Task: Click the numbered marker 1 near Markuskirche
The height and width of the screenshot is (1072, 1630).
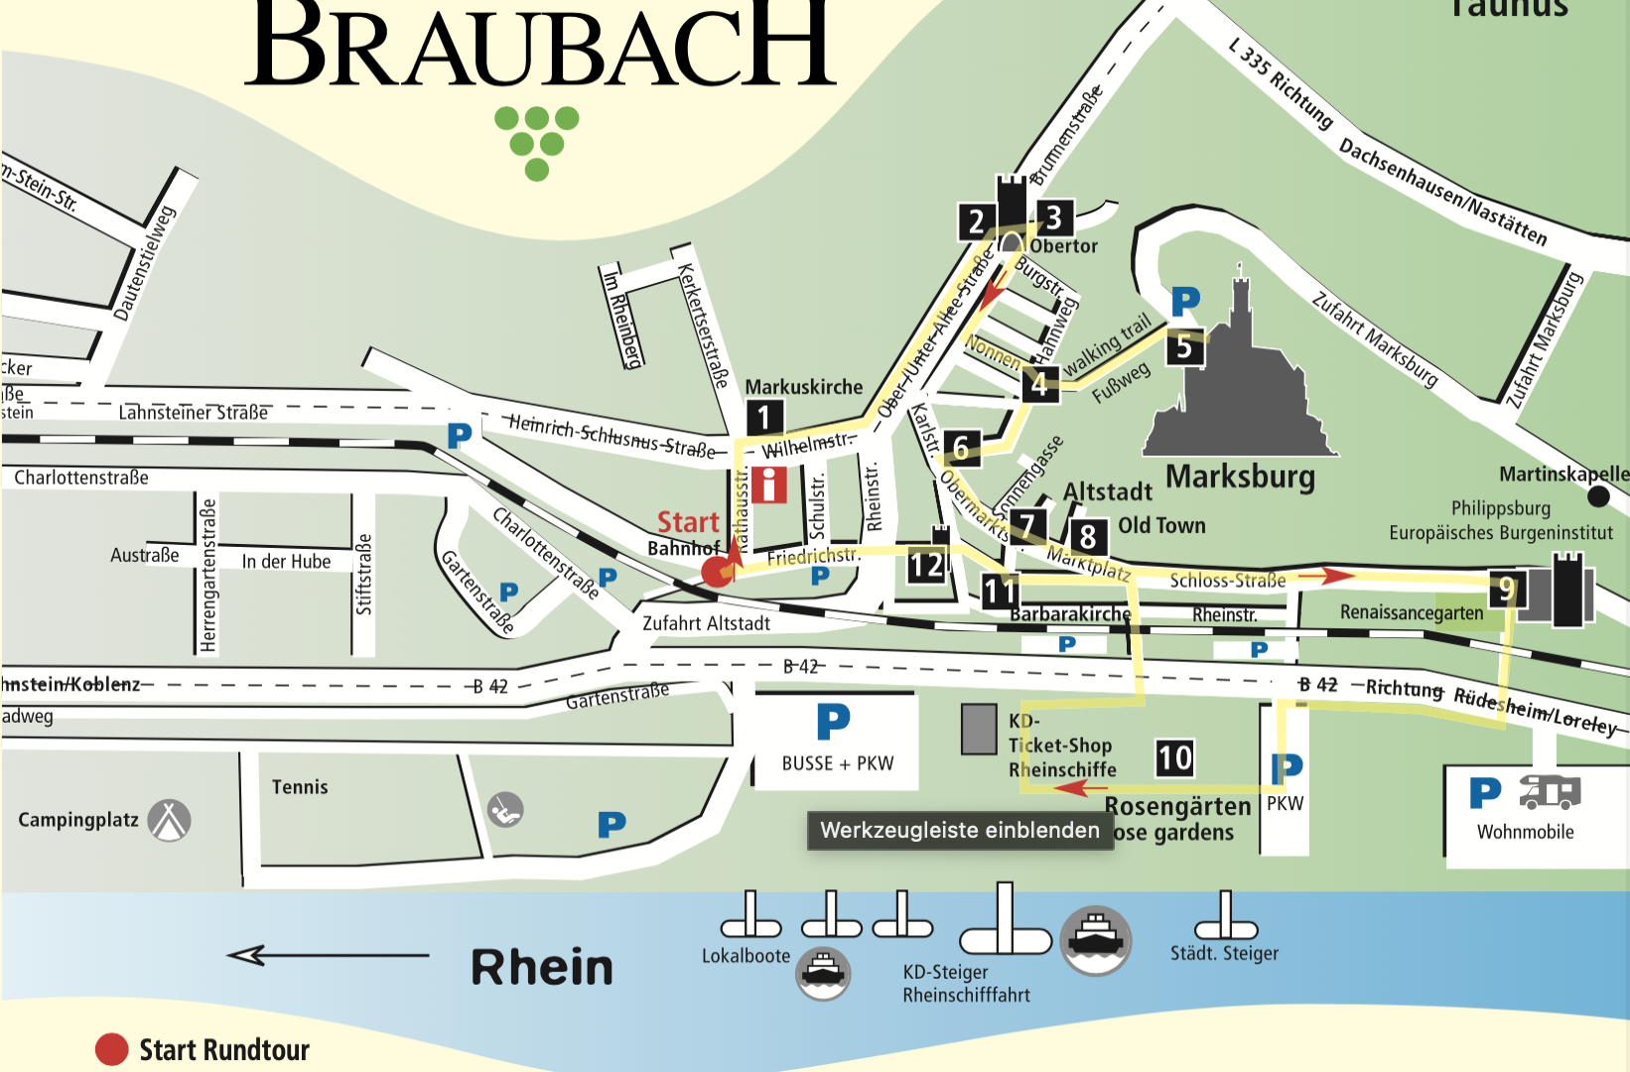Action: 763,417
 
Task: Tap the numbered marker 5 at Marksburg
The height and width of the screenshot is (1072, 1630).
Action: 1184,347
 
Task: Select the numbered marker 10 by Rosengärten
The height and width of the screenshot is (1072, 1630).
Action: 1174,758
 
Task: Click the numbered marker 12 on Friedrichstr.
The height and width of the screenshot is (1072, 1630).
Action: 926,566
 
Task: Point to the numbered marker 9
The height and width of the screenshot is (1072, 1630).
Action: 1507,589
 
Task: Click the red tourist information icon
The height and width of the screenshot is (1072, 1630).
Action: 769,484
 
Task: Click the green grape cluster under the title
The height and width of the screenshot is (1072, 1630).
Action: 537,142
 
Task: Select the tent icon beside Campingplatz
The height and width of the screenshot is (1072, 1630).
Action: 170,820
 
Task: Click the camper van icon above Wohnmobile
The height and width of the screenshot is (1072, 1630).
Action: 1550,792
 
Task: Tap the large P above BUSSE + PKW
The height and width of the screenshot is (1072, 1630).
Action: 833,722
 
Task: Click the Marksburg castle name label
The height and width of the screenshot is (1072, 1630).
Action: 1240,476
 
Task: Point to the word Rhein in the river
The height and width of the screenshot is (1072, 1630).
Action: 542,967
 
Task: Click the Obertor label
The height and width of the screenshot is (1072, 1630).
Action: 1063,246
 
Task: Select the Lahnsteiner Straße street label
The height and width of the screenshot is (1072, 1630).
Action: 193,412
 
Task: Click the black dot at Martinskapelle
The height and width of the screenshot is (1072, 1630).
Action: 1598,495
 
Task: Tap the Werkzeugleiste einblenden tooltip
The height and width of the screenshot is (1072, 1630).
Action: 959,830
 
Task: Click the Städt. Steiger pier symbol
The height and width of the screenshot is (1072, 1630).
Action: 1226,918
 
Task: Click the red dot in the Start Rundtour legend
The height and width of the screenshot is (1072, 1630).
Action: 111,1049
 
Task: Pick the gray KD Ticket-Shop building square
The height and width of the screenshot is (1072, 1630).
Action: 979,730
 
